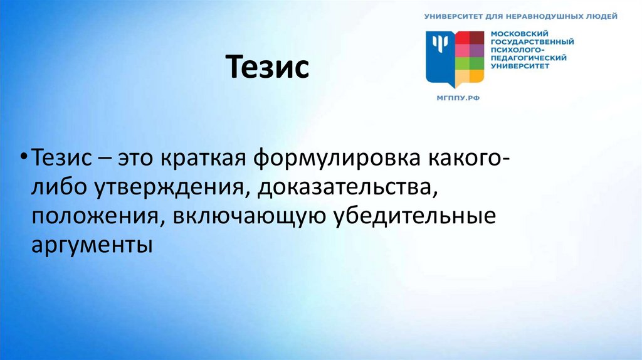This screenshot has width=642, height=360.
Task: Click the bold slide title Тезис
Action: tap(267, 68)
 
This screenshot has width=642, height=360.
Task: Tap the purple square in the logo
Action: tap(477, 50)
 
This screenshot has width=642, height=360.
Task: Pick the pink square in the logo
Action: tap(463, 50)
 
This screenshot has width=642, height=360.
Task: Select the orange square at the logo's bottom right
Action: tap(477, 76)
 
